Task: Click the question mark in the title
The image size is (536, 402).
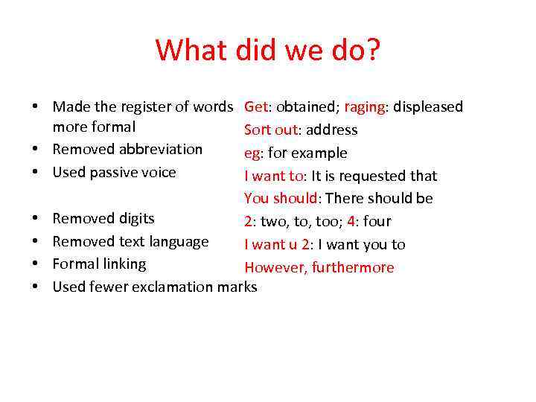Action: click(371, 51)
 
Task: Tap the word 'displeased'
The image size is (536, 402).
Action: click(428, 107)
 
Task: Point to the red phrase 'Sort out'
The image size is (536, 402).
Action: click(270, 130)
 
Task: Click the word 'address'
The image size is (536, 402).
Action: click(331, 130)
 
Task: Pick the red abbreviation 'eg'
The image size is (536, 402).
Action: click(252, 153)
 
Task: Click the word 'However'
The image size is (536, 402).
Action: click(272, 268)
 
